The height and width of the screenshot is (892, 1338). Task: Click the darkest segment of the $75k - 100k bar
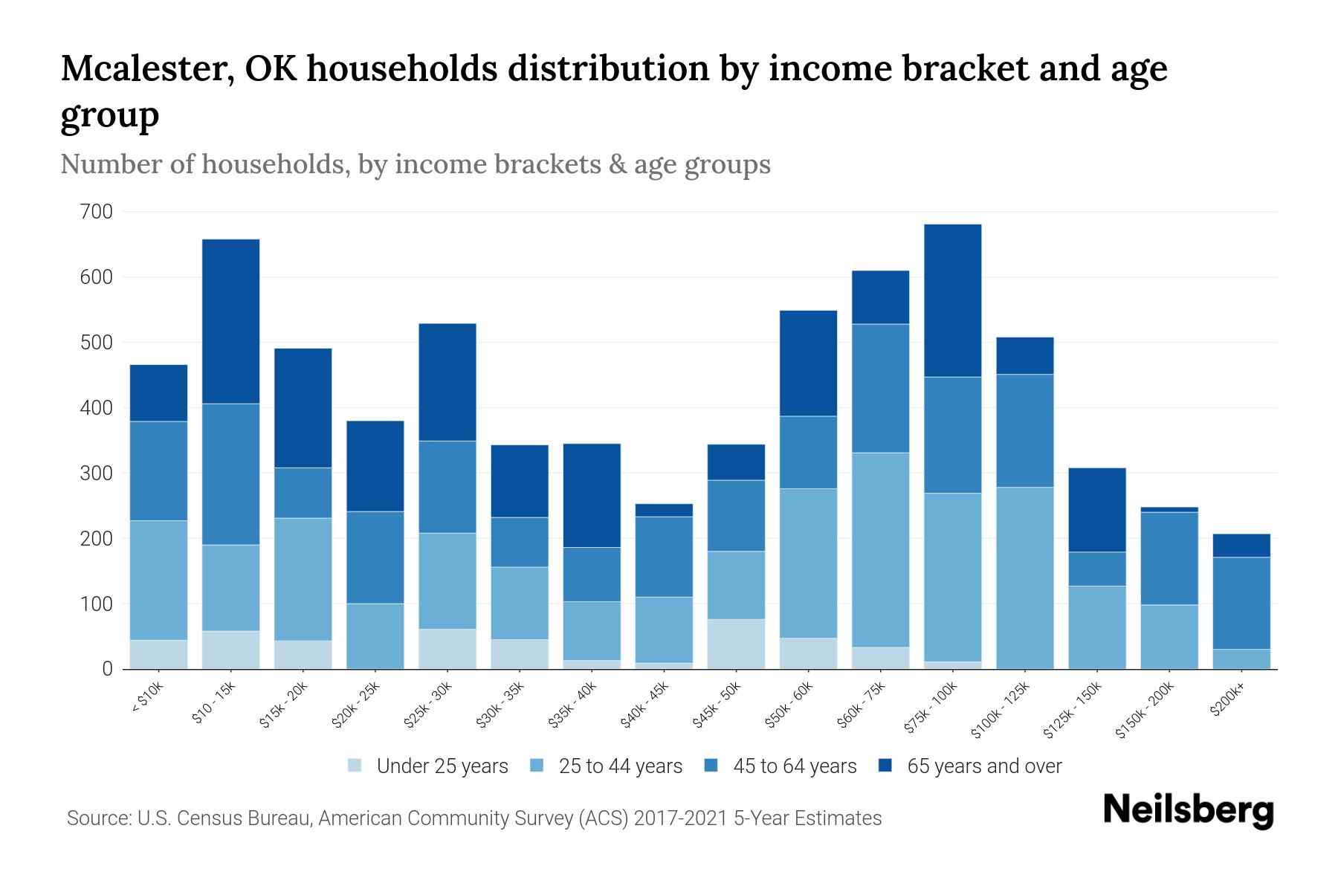(x=952, y=300)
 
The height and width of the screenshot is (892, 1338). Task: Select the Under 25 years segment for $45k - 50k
(x=736, y=644)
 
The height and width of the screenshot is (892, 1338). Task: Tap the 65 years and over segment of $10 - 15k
(x=230, y=321)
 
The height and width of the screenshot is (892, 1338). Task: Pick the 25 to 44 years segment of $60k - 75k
(x=880, y=549)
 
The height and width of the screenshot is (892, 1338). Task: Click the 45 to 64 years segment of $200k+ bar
(x=1241, y=603)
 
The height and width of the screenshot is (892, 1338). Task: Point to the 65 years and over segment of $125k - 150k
(x=1096, y=509)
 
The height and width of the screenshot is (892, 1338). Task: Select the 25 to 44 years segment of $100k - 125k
(x=1024, y=578)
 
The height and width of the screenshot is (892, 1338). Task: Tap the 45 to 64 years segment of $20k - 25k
(x=375, y=557)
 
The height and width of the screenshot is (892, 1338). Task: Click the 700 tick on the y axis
(x=96, y=212)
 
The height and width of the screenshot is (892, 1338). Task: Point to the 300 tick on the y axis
(x=96, y=474)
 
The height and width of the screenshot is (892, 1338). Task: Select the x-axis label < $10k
(x=147, y=698)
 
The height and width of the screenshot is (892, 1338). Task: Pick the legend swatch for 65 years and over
(x=885, y=766)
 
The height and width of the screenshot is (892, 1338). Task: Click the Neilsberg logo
(x=1188, y=810)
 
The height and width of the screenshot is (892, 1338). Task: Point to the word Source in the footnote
(x=97, y=818)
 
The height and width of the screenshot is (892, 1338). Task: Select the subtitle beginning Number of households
(x=415, y=164)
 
